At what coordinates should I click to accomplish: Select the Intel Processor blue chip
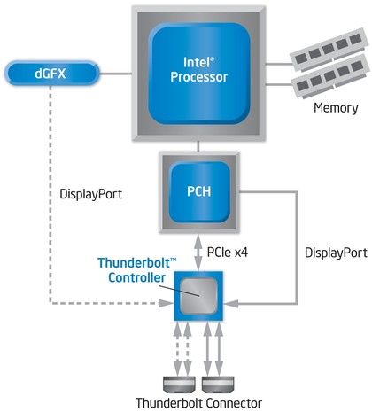point(198,69)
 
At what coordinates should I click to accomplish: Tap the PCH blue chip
point(198,190)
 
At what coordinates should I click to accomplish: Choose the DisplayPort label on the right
point(334,253)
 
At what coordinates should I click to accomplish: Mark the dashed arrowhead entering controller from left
point(167,304)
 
